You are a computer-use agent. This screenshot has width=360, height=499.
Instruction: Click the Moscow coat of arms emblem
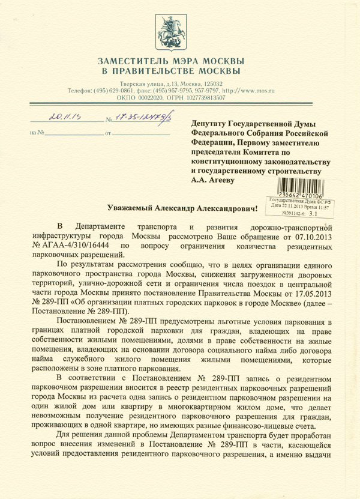click(x=180, y=27)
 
